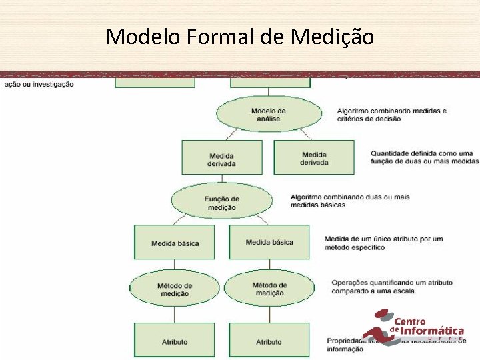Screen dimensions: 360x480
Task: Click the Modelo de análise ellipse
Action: click(x=268, y=115)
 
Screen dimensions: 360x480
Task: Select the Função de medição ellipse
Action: click(x=222, y=202)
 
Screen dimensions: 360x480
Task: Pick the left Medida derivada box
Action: click(x=222, y=159)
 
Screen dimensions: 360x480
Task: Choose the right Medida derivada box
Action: click(x=314, y=159)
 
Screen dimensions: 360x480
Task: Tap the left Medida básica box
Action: click(x=175, y=243)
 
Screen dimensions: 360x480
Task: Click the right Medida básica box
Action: click(x=269, y=242)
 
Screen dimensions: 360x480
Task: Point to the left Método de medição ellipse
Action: click(x=175, y=289)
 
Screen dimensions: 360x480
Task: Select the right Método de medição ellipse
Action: click(x=269, y=289)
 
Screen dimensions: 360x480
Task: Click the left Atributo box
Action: click(x=175, y=341)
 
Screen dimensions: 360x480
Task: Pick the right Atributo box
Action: click(x=269, y=341)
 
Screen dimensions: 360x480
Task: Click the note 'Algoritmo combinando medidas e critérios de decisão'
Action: click(x=391, y=115)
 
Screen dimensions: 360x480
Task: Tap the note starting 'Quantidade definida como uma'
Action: click(x=425, y=157)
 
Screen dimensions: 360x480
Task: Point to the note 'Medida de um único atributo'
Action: click(x=383, y=243)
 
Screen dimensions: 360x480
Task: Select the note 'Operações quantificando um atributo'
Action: click(x=392, y=287)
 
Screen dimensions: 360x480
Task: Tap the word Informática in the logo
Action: click(x=431, y=330)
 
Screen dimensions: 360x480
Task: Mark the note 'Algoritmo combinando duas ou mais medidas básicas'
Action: click(x=349, y=201)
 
